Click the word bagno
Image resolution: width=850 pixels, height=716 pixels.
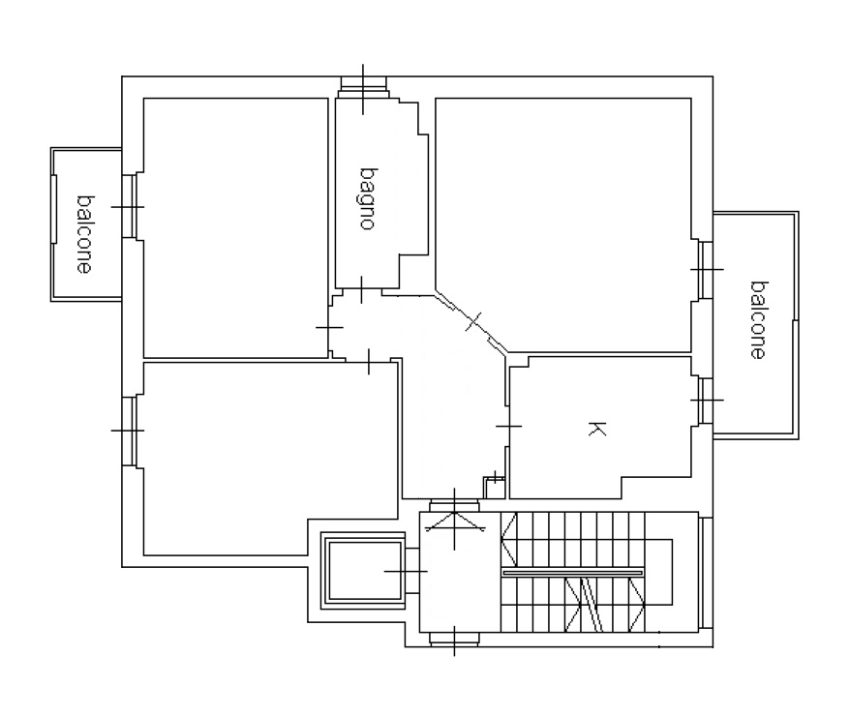pos(368,198)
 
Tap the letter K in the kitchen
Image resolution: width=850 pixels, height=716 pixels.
pos(596,429)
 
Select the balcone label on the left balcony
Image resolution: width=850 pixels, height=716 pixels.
pos(84,234)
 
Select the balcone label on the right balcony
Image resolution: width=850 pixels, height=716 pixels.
pos(758,319)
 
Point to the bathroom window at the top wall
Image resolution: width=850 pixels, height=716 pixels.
pos(363,88)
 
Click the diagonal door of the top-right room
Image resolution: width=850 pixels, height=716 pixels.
pos(471,322)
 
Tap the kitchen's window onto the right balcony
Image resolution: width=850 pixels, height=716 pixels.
pos(705,401)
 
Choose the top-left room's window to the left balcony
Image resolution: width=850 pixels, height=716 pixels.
pos(130,206)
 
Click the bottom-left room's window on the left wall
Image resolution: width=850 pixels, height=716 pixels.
pos(130,431)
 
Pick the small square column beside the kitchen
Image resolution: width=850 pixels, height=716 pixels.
pos(495,488)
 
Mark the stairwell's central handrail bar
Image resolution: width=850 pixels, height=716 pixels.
pos(573,572)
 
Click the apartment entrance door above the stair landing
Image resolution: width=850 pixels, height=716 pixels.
pos(454,506)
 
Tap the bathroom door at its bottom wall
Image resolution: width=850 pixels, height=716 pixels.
pos(362,291)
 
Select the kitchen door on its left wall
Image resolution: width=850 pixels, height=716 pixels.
pos(507,427)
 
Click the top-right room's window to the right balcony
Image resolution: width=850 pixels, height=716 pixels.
pos(705,269)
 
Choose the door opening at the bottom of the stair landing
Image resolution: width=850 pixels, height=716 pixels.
pos(454,640)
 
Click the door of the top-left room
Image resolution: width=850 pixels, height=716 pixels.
pos(329,328)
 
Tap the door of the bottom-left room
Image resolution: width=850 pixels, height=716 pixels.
pos(369,361)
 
